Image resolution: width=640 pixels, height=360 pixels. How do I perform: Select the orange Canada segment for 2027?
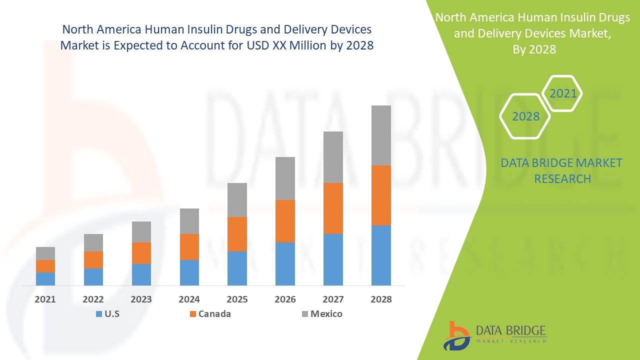pos(333,208)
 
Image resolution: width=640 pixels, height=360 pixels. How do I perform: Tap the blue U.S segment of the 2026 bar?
pos(285,264)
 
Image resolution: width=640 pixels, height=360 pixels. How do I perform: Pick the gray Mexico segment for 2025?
pos(237,200)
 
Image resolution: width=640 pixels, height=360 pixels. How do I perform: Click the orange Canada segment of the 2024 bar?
pos(189,247)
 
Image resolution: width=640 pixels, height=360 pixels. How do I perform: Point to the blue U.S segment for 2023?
pos(141,274)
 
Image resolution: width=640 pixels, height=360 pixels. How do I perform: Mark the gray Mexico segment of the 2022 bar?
pos(93,242)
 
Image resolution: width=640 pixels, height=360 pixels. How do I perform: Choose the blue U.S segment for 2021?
pos(45,279)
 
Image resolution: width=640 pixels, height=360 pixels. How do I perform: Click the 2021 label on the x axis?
pos(45,299)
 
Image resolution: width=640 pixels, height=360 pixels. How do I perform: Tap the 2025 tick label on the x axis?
pos(237,299)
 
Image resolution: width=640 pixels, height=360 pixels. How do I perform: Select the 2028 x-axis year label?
pos(381,299)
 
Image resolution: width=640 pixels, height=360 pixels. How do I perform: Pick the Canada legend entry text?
pos(214,314)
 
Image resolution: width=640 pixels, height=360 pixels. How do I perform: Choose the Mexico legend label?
pos(326,314)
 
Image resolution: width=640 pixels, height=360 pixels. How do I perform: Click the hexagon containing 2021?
pos(562,93)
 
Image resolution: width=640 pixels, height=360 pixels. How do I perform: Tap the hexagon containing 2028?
pos(525,116)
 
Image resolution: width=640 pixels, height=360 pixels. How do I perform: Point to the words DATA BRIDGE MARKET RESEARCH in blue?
pos(562,170)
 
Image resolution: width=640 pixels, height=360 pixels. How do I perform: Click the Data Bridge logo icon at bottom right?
pos(456,335)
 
